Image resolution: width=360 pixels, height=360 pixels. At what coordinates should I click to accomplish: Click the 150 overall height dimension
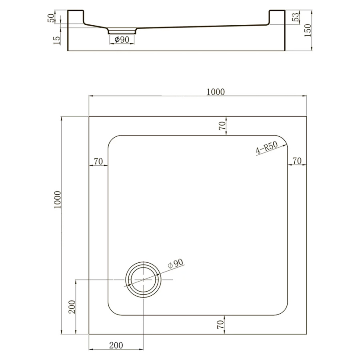tap(308, 30)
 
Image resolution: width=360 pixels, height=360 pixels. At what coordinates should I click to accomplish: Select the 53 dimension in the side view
tap(296, 17)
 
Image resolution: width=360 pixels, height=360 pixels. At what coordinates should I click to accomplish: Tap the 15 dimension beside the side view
tap(56, 40)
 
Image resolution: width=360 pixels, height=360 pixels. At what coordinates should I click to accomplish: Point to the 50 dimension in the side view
tap(51, 18)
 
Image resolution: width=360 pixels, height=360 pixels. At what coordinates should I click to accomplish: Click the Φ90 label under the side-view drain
tap(122, 40)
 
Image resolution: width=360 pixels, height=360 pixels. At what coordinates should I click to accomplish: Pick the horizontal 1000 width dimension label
tap(216, 92)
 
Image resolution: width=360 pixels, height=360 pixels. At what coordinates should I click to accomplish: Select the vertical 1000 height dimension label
tap(57, 200)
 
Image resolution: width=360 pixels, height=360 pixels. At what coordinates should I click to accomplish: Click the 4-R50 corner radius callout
tap(267, 147)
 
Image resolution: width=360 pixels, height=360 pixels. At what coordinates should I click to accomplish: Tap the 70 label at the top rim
tap(222, 126)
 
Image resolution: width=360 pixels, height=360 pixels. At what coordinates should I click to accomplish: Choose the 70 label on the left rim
tap(98, 162)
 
